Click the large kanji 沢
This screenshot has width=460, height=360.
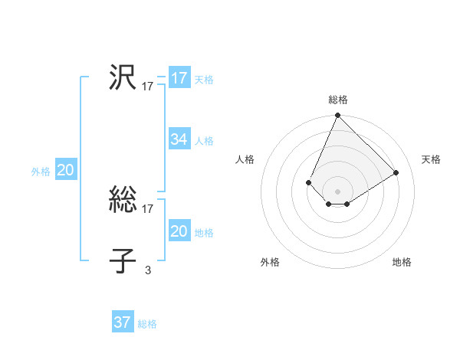pyautogui.click(x=123, y=77)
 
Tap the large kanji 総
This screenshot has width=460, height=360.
pyautogui.click(x=123, y=201)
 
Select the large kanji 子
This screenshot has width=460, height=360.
pyautogui.click(x=123, y=261)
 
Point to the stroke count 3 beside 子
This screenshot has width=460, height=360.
pyautogui.click(x=148, y=270)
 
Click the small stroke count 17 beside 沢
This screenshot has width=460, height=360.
pyautogui.click(x=148, y=87)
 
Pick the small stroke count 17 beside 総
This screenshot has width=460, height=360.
pyautogui.click(x=148, y=209)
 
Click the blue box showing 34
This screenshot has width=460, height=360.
pyautogui.click(x=179, y=139)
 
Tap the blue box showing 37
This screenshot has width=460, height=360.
pyautogui.click(x=123, y=322)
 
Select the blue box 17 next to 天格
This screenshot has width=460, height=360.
pyautogui.click(x=179, y=78)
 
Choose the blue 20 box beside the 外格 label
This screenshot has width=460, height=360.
pyautogui.click(x=66, y=171)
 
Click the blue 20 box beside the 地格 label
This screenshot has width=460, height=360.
pyautogui.click(x=179, y=231)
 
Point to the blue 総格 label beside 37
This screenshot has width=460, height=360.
pyautogui.click(x=147, y=324)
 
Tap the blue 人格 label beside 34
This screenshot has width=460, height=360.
pyautogui.click(x=204, y=141)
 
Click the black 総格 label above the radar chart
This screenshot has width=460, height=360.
pyautogui.click(x=338, y=100)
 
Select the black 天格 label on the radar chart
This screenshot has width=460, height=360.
pyautogui.click(x=431, y=159)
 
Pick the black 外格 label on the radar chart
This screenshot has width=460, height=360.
pyautogui.click(x=270, y=263)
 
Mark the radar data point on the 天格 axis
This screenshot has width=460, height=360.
pyautogui.click(x=396, y=172)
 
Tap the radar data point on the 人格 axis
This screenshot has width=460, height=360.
pyautogui.click(x=308, y=182)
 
